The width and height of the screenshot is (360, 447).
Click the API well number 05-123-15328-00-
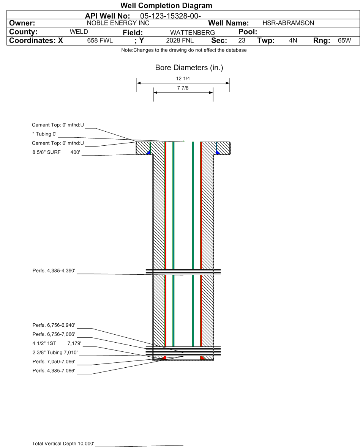pyautogui.click(x=171, y=16)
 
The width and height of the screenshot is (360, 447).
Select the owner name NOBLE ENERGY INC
pyautogui.click(x=118, y=23)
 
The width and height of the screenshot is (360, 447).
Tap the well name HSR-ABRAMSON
pyautogui.click(x=288, y=23)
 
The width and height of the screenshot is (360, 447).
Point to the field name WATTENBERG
pyautogui.click(x=193, y=33)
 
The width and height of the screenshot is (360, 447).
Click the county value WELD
pyautogui.click(x=79, y=31)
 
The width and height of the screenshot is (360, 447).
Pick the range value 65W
pyautogui.click(x=344, y=40)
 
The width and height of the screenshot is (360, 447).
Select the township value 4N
pyautogui.click(x=293, y=40)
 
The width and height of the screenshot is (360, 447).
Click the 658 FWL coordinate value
pyautogui.click(x=100, y=41)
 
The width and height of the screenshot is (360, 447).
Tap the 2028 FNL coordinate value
pyautogui.click(x=180, y=41)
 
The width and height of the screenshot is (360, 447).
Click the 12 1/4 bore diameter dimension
pyautogui.click(x=183, y=79)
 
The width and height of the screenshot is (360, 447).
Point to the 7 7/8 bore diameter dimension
pyautogui.click(x=183, y=88)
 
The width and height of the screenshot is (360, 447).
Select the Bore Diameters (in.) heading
pyautogui.click(x=189, y=68)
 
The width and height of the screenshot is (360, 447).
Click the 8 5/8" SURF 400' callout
pyautogui.click(x=56, y=152)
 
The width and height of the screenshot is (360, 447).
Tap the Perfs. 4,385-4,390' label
pyautogui.click(x=54, y=271)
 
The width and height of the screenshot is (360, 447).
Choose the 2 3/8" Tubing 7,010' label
pyautogui.click(x=55, y=353)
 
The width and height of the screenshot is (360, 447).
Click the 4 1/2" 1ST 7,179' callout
pyautogui.click(x=57, y=343)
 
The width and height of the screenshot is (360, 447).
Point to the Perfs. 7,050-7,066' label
pyautogui.click(x=54, y=362)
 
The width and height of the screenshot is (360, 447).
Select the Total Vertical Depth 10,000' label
pyautogui.click(x=63, y=443)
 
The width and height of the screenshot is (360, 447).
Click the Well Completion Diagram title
pyautogui.click(x=166, y=5)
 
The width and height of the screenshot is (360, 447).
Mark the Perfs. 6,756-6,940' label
pyautogui.click(x=54, y=325)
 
